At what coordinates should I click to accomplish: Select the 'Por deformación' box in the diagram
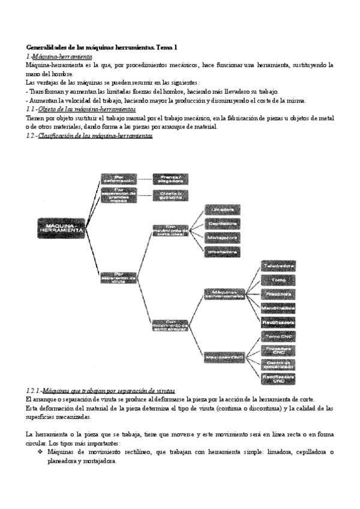point(118,178)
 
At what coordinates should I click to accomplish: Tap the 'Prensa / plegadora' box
point(170,178)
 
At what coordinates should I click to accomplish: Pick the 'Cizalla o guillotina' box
point(170,194)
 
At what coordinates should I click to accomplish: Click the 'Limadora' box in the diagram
point(223,209)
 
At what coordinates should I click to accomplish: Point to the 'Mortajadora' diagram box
point(223,238)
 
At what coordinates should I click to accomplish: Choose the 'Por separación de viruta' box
point(118,276)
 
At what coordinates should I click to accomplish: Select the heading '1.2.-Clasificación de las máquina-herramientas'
point(89,136)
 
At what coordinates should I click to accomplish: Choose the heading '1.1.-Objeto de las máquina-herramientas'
point(81,110)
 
